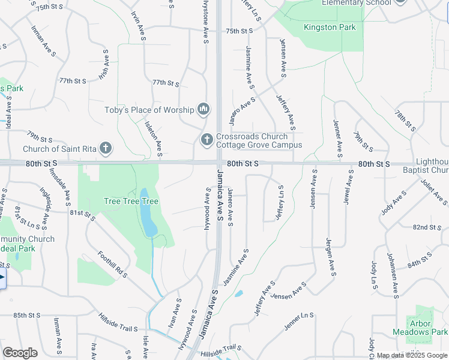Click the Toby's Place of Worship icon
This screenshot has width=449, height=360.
point(203,110)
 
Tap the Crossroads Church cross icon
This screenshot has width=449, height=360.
point(206,140)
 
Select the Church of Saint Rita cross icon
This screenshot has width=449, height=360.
point(106,148)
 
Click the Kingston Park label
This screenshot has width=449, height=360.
point(330,27)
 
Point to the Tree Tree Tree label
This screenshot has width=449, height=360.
point(131,201)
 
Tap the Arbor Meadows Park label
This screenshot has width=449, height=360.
point(420,328)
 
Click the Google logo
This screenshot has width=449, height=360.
point(20,353)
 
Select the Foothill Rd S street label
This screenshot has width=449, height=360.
point(113,264)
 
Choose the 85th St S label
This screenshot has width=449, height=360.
point(26,315)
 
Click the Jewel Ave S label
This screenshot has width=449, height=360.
point(348,187)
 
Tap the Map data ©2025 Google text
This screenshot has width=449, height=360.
point(412,355)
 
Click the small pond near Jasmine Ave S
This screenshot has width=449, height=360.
point(239,293)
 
